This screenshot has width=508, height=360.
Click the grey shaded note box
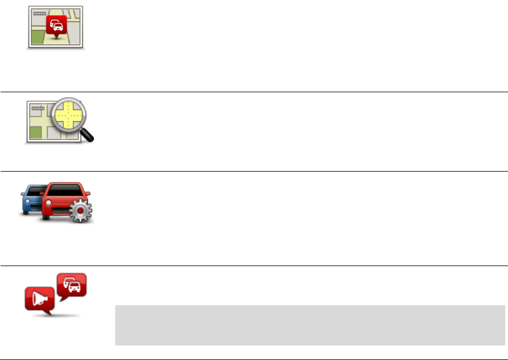(309, 325)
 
